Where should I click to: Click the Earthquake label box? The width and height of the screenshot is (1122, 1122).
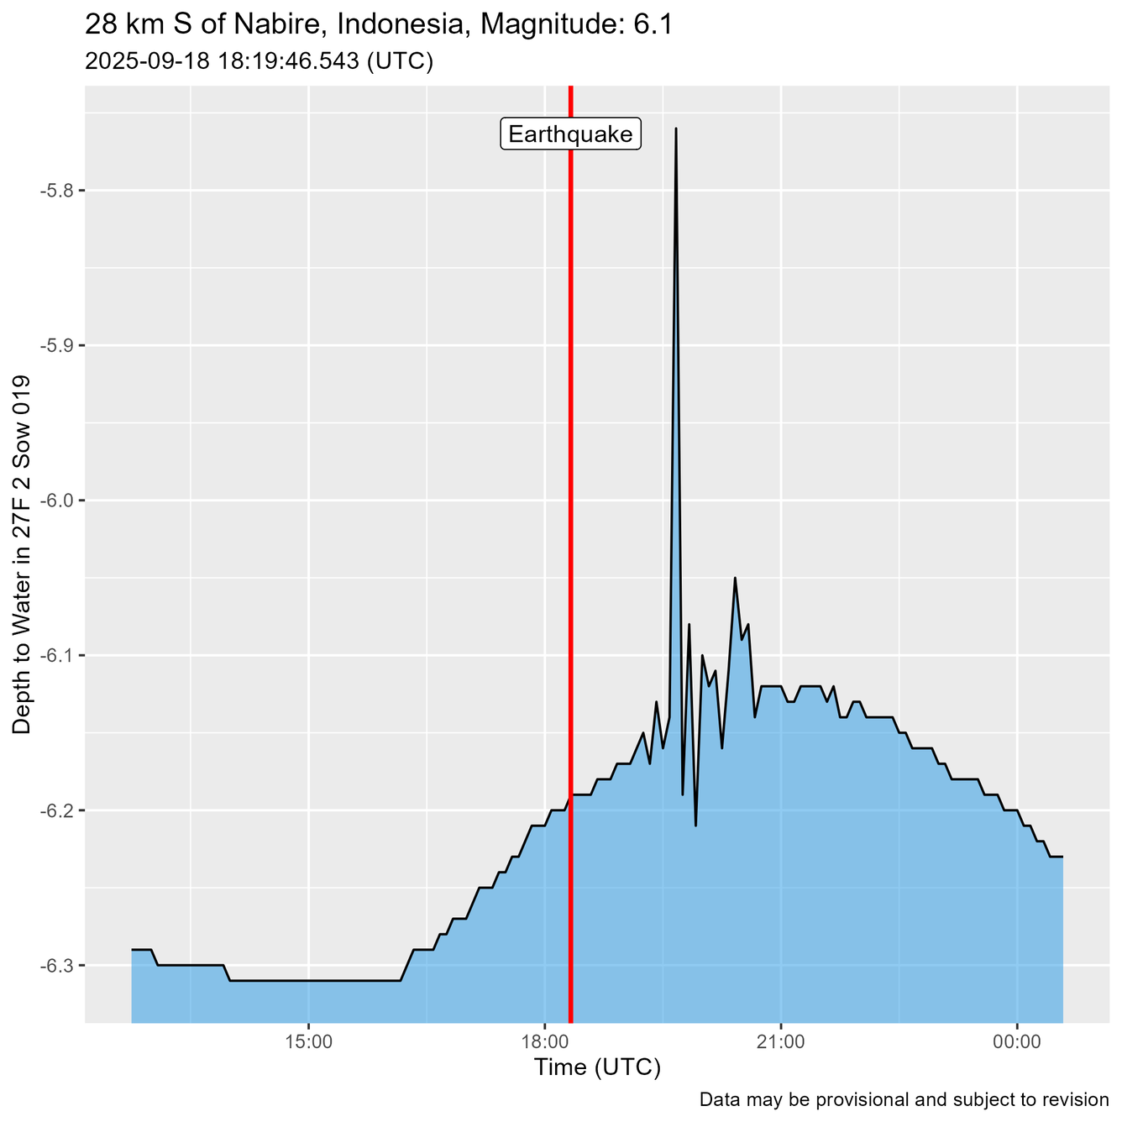coord(571,134)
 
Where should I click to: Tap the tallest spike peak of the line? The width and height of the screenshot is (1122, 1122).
coord(675,128)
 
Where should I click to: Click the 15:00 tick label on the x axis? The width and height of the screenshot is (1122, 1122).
coord(309,1042)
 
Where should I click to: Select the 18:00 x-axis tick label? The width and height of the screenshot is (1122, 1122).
coord(545,1042)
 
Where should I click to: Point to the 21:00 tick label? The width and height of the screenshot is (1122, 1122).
coord(781,1042)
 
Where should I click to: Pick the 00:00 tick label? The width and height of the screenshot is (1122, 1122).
coord(1017,1042)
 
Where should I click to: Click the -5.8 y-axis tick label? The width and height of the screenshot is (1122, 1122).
coord(57,191)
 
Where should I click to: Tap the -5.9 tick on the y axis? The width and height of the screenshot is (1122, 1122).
coord(57,345)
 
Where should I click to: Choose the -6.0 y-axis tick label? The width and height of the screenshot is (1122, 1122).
coord(57,501)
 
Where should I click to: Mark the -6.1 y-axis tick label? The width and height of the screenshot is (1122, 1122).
coord(57,655)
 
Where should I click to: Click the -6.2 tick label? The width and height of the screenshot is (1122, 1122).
coord(57,810)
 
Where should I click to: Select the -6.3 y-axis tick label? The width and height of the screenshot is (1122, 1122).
coord(57,966)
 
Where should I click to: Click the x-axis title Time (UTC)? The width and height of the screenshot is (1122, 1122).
coord(597,1067)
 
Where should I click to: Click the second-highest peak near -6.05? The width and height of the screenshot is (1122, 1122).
coord(735,578)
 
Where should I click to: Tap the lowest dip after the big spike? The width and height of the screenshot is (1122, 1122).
coord(695,826)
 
